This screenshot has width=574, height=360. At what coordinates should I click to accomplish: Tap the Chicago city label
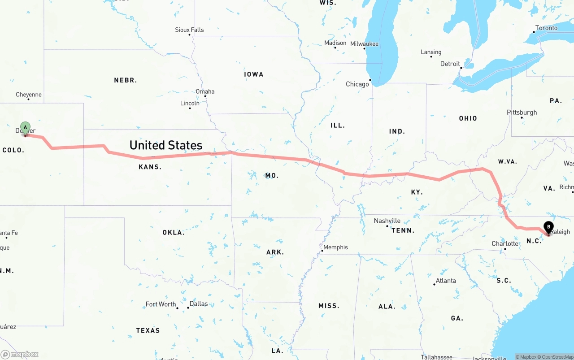coord(357,84)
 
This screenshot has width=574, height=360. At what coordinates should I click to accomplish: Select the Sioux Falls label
coord(189,30)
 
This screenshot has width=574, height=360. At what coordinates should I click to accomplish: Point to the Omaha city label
coord(205,91)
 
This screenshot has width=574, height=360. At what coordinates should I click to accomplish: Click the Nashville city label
coord(387,221)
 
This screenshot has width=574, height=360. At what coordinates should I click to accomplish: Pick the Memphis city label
coord(335,247)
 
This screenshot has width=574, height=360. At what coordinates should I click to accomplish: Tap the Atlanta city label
coord(446,281)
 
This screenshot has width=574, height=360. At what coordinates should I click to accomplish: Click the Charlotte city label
coord(505,244)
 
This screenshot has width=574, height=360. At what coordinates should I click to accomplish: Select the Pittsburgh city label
coord(522,113)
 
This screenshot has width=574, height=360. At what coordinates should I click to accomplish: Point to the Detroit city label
coord(450,64)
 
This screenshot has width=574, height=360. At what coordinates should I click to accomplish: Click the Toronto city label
coord(546,28)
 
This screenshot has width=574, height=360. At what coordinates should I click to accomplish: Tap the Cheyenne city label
coord(29,95)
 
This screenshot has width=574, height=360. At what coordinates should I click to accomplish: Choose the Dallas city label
coord(199,304)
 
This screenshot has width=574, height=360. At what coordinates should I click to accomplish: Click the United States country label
coord(166,145)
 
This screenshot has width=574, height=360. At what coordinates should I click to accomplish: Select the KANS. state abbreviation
coord(150,167)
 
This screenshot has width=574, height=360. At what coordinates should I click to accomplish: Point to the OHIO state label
coord(468,118)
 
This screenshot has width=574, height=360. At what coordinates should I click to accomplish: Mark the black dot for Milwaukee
coord(365,48)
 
